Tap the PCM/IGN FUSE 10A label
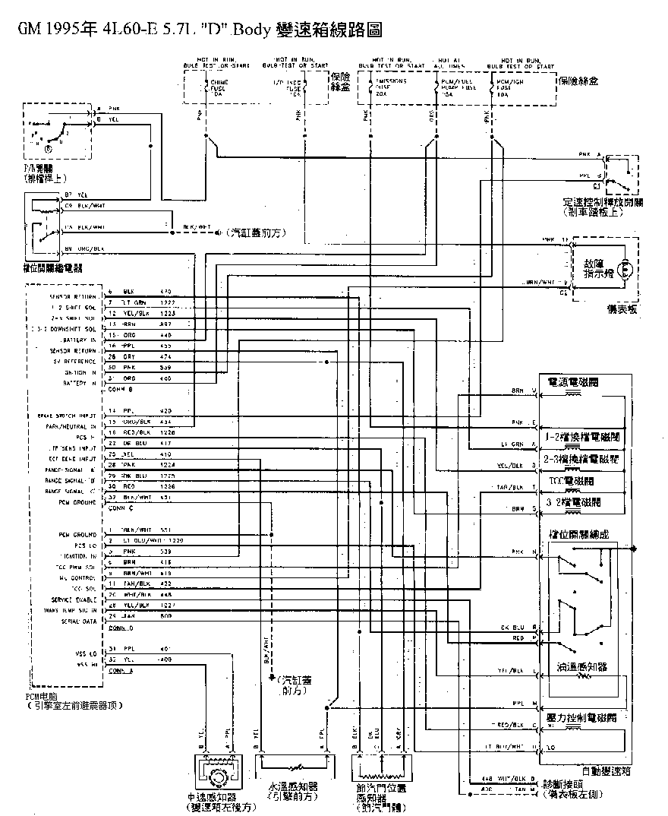509,88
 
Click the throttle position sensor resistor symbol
379,769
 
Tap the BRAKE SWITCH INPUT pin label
67,416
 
